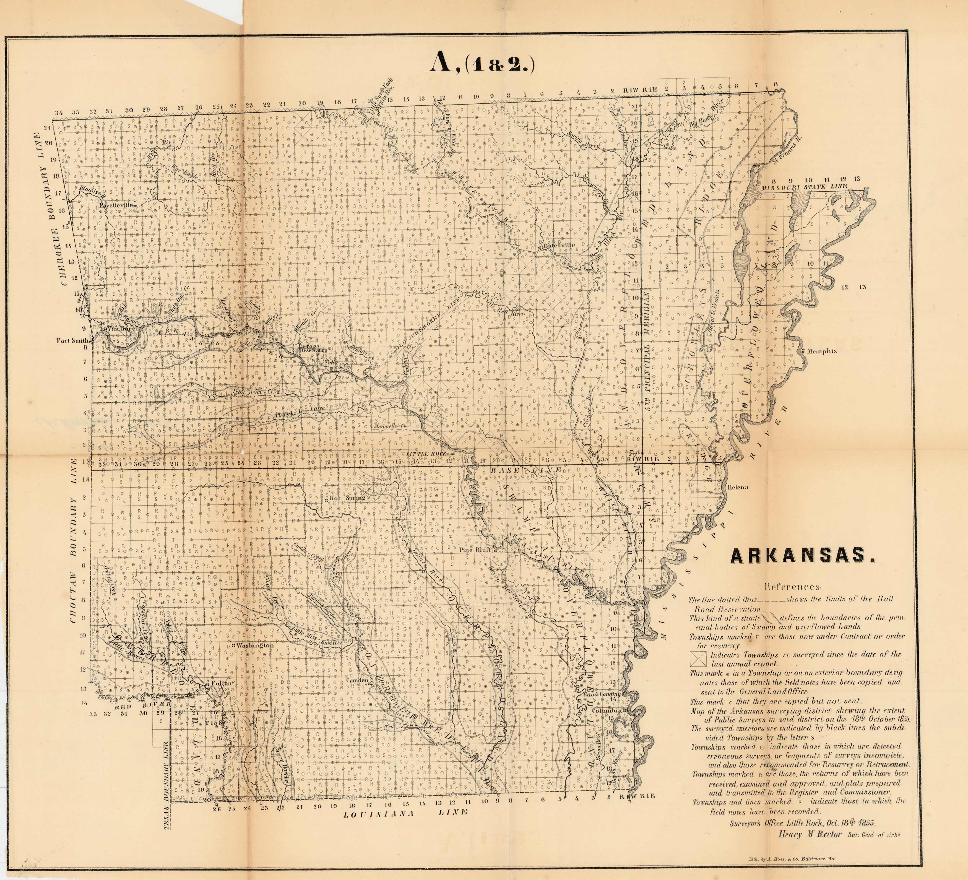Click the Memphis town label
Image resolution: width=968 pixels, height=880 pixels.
pyautogui.click(x=821, y=351)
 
